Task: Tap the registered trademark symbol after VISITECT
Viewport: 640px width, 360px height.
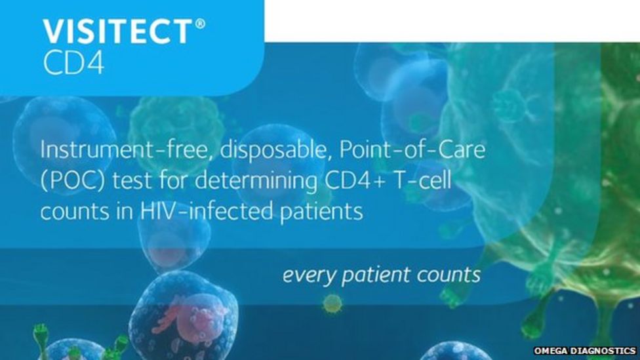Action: tap(201, 24)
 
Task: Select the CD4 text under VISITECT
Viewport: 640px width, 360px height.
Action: tap(73, 63)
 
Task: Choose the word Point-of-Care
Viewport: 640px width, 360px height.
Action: tap(412, 150)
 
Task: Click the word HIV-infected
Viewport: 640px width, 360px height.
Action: tap(207, 211)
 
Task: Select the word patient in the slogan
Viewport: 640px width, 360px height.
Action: tap(376, 275)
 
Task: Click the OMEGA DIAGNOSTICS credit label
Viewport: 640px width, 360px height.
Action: tap(585, 351)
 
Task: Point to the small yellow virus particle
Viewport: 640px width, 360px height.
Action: tap(332, 304)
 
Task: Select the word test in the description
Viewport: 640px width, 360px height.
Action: tap(132, 181)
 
